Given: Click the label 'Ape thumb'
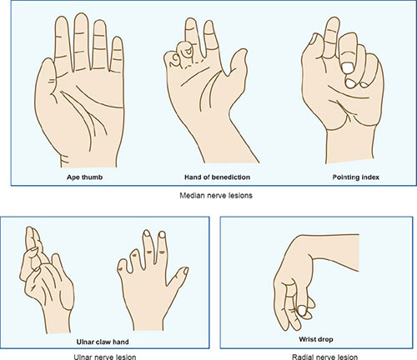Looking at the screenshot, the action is pos(84,177).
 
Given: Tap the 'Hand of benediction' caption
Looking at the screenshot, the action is pos(217,177).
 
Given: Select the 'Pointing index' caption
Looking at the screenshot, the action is pos(356,177).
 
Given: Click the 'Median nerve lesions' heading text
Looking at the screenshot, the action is pos(216,196).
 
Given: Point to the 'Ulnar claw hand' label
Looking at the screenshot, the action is pos(103,342).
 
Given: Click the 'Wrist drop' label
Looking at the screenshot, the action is pos(316,339).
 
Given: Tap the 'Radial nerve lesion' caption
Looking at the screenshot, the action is pos(324,357).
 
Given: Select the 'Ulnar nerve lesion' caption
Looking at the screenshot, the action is pos(105,357).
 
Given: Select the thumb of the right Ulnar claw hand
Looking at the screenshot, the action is pos(178,277).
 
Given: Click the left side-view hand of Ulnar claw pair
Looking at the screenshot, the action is pos(46,281).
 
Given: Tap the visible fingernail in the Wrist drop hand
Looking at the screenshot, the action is pos(302,310).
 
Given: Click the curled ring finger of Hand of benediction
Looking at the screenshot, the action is pos(187,52).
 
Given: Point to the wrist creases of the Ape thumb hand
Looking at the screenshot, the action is pos(65,160).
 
